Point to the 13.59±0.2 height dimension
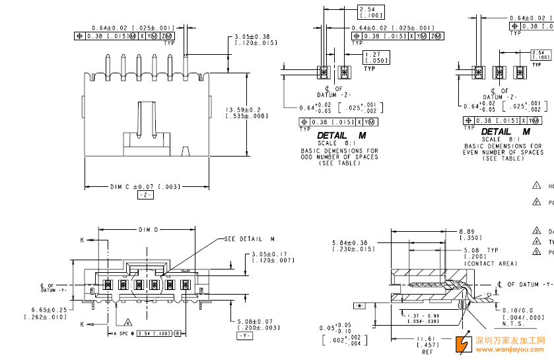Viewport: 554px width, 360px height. tap(243, 110)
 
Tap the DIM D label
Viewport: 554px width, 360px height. tap(148, 230)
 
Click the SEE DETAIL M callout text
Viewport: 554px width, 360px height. tap(249, 239)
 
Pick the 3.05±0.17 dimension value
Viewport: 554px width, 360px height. tap(270, 254)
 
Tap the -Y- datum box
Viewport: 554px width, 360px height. tap(244, 336)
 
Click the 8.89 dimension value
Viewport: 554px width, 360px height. tap(466, 232)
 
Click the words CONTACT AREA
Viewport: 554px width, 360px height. tap(491, 264)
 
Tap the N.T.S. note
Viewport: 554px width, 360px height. tap(514, 324)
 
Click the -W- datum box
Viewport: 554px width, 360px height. tap(359, 306)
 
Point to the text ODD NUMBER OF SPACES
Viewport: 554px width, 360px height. tap(339, 157)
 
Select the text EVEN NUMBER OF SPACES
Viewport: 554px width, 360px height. tap(502, 152)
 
